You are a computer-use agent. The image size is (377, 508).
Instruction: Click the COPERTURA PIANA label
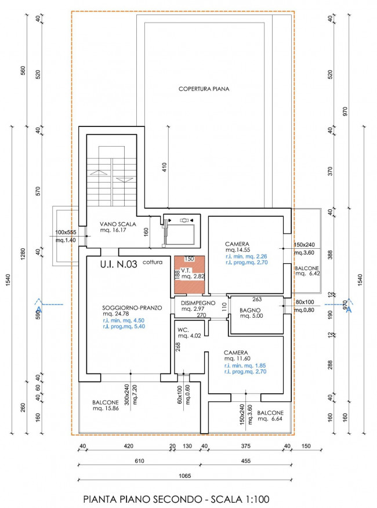click(204, 89)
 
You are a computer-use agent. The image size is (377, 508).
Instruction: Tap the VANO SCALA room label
click(118, 224)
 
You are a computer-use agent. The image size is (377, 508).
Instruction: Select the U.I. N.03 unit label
click(119, 264)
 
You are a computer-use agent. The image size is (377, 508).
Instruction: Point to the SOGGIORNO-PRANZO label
click(132, 308)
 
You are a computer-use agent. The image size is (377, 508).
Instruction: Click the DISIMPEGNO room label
click(198, 303)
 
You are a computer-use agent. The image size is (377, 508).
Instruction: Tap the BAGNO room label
click(250, 310)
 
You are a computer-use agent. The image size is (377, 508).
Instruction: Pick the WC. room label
click(183, 330)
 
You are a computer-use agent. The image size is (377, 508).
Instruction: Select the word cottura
click(153, 262)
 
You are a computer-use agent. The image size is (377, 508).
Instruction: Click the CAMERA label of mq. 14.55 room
click(237, 244)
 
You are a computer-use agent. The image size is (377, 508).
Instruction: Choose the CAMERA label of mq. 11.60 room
click(236, 353)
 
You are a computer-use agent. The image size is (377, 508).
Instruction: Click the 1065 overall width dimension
click(185, 476)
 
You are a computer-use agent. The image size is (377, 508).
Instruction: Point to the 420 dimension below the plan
click(129, 446)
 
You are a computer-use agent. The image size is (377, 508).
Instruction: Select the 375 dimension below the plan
click(246, 446)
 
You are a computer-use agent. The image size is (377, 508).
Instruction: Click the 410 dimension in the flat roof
click(164, 167)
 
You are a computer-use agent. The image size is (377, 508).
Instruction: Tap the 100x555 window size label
click(66, 233)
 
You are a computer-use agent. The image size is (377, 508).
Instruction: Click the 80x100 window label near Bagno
click(304, 302)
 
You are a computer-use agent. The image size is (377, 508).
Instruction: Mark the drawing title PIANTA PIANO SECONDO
click(142, 499)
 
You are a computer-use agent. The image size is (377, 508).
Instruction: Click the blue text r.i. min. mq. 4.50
click(124, 321)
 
